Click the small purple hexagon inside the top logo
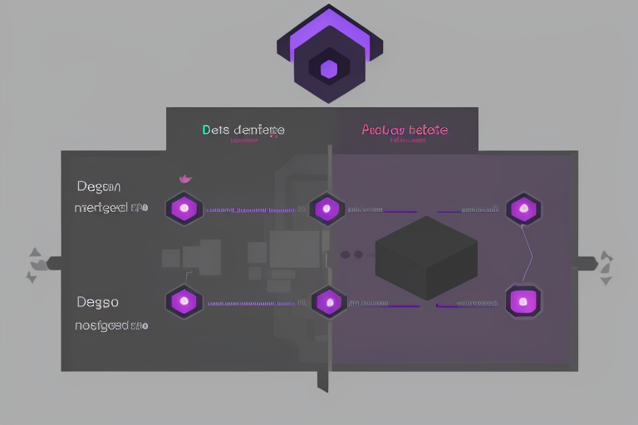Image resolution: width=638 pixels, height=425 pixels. click(329, 70)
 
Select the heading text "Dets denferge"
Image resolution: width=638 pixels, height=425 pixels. click(243, 130)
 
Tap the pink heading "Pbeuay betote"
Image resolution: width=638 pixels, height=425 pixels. click(405, 130)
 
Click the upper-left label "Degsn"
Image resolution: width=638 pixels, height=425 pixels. click(98, 187)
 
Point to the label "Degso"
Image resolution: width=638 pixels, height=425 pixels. click(97, 302)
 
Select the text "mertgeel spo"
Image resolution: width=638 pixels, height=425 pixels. click(111, 208)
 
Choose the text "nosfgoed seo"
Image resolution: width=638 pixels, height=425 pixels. click(111, 325)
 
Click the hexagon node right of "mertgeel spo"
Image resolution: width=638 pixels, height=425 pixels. click(183, 208)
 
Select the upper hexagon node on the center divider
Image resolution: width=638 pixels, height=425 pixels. click(326, 208)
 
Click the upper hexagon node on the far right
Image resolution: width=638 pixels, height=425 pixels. click(523, 208)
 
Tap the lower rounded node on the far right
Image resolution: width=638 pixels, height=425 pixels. click(523, 300)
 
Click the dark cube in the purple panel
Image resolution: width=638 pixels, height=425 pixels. click(426, 257)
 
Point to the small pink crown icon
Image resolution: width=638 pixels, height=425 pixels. click(185, 178)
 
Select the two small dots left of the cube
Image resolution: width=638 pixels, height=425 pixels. click(352, 255)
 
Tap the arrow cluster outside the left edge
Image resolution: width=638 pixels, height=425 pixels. click(35, 264)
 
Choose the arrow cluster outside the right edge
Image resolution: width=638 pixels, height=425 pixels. click(606, 266)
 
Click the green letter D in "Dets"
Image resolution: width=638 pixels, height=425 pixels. click(206, 130)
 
